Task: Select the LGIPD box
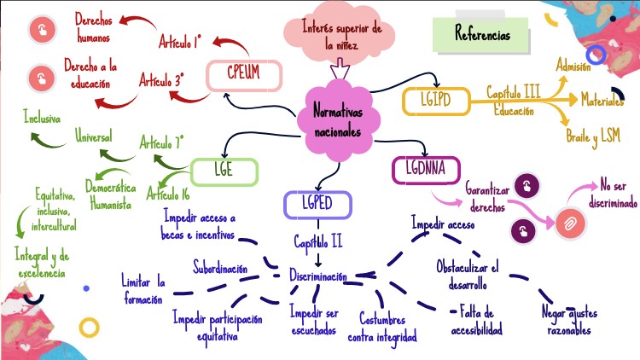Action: [x=434, y=101]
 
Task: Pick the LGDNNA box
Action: [x=426, y=168]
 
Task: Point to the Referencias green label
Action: [x=483, y=36]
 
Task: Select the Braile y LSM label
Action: [x=593, y=136]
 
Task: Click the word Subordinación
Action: [x=220, y=268]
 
